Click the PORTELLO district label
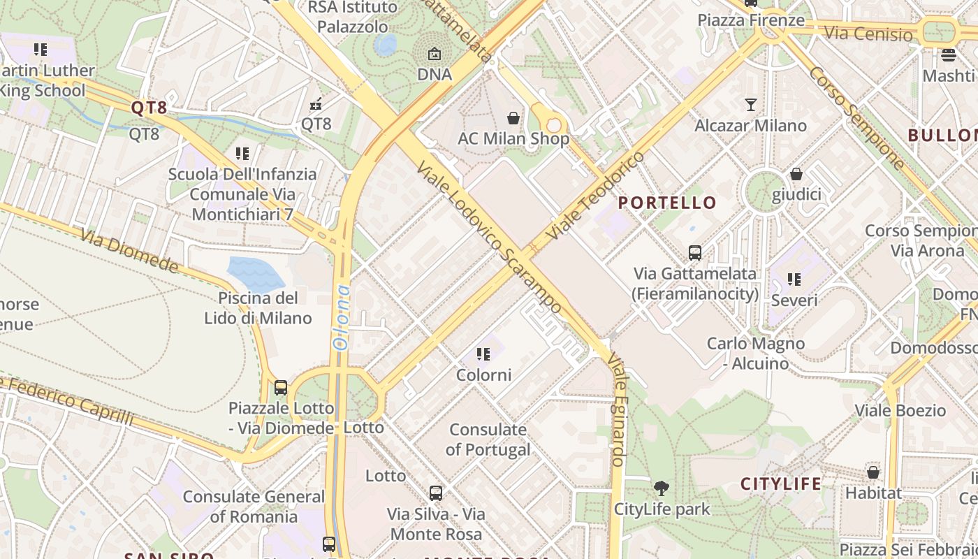point(667,203)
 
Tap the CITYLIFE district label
point(781,484)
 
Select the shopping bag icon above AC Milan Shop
point(513,118)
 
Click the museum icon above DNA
point(435,54)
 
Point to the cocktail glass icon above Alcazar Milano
point(751,105)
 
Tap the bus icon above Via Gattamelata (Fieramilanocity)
point(694,253)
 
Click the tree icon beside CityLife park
point(661,488)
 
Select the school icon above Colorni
point(483,354)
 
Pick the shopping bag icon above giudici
point(796,174)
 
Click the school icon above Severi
point(794,279)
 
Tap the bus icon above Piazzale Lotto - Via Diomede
point(280,387)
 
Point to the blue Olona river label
point(342,317)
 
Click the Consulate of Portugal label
point(488,440)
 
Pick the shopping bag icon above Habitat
point(873,472)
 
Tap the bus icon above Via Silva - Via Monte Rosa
point(436,493)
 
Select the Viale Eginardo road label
point(615,409)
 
